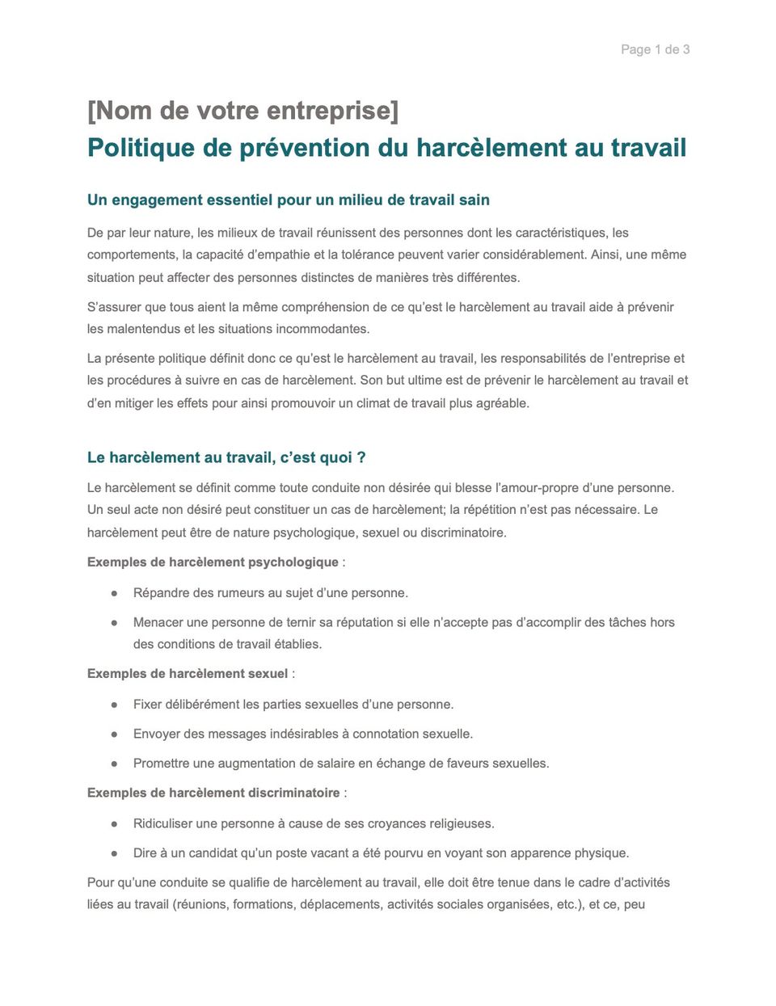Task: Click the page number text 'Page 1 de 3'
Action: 655,49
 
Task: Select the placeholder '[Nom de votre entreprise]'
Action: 242,111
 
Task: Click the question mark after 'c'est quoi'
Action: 361,457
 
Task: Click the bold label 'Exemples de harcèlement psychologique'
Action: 213,562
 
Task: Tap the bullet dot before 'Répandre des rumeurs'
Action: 115,593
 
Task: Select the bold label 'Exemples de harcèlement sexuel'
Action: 188,674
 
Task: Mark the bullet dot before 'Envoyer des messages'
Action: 115,735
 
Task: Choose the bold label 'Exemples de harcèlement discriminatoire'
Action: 213,793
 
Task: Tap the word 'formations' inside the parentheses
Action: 264,904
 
